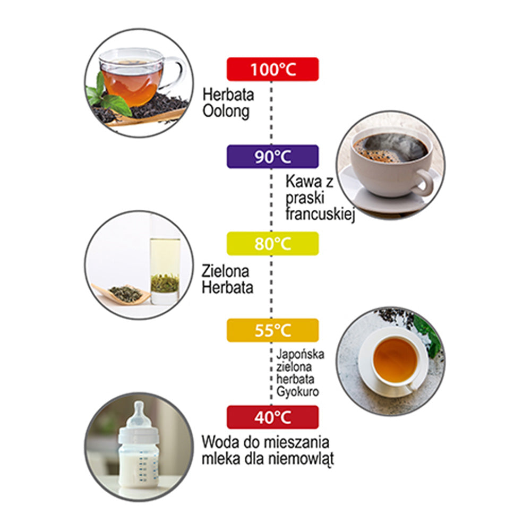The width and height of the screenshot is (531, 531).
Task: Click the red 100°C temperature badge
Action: pyautogui.click(x=272, y=69)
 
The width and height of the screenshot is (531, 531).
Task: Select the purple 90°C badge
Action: pyautogui.click(x=272, y=157)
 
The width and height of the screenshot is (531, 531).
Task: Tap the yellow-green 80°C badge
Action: pyautogui.click(x=272, y=244)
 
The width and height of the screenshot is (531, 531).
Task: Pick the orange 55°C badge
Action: pyautogui.click(x=272, y=330)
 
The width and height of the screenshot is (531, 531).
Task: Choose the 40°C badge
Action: pyautogui.click(x=272, y=417)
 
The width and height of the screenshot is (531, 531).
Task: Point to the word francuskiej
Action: pyautogui.click(x=320, y=214)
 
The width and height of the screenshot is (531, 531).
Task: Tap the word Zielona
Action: pyautogui.click(x=226, y=271)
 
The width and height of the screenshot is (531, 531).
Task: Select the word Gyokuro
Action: pyautogui.click(x=298, y=392)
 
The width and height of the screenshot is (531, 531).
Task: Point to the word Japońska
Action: pyautogui.click(x=300, y=354)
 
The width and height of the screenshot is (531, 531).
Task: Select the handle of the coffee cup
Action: pyautogui.click(x=426, y=182)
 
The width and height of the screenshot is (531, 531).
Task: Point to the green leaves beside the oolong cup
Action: pyautogui.click(x=108, y=96)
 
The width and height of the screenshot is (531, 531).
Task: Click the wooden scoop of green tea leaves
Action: pyautogui.click(x=122, y=294)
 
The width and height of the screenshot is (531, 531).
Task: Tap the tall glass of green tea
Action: pyautogui.click(x=165, y=271)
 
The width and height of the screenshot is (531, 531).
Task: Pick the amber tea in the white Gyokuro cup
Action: pyautogui.click(x=395, y=360)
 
